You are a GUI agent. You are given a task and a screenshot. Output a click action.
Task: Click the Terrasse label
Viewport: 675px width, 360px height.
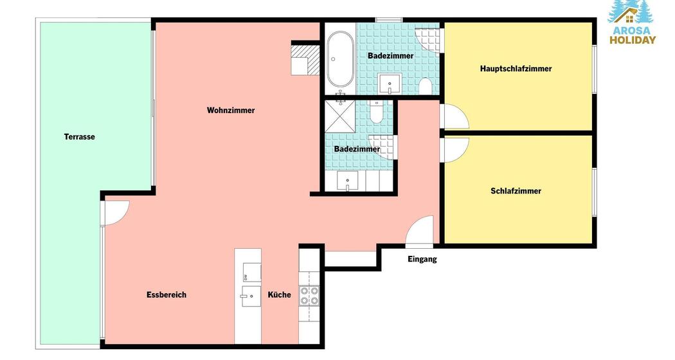pos(79,137)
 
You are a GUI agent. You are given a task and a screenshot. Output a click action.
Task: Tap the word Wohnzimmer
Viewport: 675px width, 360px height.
pos(231,110)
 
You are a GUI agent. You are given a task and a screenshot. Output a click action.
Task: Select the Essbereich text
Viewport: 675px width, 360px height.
pos(166,295)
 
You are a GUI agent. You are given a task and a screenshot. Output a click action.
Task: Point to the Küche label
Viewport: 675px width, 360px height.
pos(280,295)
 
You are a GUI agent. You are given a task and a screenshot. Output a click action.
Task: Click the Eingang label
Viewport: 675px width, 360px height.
pos(422,259)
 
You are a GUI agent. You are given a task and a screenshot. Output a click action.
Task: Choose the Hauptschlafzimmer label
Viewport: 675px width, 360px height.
pos(516,69)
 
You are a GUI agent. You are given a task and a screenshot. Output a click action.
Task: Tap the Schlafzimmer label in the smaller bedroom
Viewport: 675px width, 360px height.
pos(516,191)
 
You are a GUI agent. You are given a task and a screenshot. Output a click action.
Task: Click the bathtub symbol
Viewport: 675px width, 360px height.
pos(340,59)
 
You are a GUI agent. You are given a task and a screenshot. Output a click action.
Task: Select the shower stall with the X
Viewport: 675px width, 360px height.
pos(340,116)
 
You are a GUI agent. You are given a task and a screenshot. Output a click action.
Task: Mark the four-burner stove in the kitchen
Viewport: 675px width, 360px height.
pos(309,295)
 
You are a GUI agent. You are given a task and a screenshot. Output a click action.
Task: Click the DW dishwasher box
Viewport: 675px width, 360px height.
pos(251,272)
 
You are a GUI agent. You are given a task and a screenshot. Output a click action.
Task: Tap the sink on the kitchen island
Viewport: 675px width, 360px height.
pos(251,296)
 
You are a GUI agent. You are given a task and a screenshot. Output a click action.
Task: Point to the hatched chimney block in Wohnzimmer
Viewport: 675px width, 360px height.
pos(305,60)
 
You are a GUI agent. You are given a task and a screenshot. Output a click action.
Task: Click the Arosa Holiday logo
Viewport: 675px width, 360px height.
pos(632,22)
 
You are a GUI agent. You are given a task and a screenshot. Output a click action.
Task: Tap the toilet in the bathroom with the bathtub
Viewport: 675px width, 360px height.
pos(425,86)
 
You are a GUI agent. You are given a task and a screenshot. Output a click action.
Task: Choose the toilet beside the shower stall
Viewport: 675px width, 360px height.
pos(376,111)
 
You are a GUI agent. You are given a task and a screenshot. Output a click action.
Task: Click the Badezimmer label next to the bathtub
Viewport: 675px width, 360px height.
pos(390,56)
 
